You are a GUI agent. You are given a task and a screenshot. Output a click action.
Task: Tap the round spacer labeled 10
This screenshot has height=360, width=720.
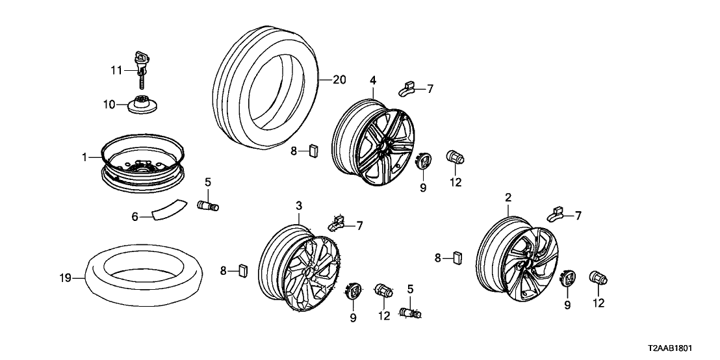(141, 104)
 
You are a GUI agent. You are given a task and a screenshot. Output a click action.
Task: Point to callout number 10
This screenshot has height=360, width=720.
(108, 104)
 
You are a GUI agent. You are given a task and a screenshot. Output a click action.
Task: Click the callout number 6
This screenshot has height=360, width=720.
(135, 216)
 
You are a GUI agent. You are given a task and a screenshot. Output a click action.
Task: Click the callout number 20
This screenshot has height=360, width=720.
(339, 80)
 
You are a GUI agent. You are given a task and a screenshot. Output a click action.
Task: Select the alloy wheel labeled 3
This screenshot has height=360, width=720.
(299, 269)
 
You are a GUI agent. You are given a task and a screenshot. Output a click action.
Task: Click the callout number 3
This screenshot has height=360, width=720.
(299, 206)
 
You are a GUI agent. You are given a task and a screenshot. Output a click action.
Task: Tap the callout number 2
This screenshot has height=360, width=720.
(508, 197)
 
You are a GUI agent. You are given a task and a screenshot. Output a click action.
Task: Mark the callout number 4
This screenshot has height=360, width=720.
(374, 81)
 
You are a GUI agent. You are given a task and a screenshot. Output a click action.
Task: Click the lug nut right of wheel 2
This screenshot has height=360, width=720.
(598, 279)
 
